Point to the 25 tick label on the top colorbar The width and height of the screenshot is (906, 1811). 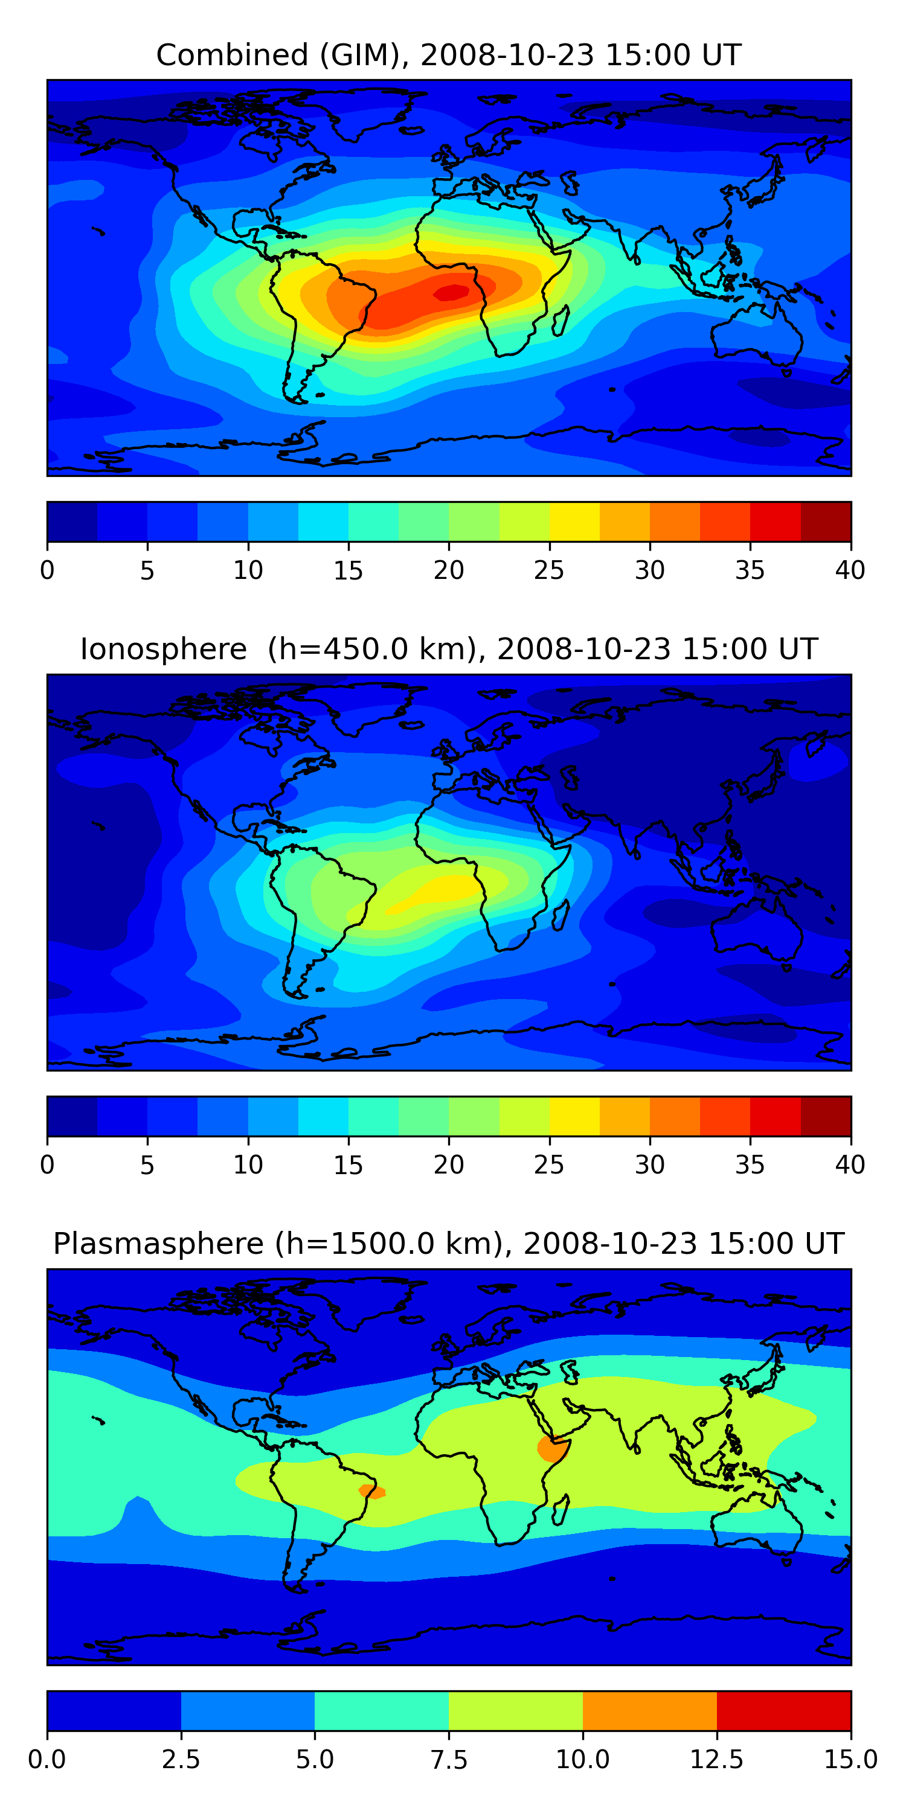click(548, 570)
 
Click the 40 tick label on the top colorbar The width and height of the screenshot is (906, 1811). click(850, 570)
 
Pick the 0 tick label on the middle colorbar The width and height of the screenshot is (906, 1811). click(47, 1165)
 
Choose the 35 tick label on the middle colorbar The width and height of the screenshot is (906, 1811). click(750, 1165)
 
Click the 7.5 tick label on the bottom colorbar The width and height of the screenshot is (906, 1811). click(449, 1760)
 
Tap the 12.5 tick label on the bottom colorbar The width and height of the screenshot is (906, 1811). click(716, 1760)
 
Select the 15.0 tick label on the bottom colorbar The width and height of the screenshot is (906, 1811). click(850, 1760)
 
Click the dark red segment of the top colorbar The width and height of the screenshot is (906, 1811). click(826, 522)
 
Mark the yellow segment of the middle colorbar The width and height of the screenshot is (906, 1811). click(574, 1116)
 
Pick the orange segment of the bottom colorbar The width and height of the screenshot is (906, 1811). click(649, 1710)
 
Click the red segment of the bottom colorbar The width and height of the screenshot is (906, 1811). click(783, 1710)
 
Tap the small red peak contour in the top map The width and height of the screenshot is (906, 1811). click(452, 292)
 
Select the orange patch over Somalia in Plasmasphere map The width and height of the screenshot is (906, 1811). click(551, 1449)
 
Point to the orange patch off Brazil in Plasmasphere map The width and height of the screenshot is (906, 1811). click(371, 1490)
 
